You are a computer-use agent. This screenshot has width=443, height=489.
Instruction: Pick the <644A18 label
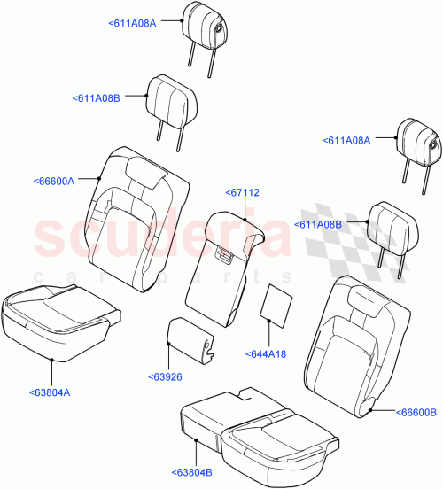(265, 355)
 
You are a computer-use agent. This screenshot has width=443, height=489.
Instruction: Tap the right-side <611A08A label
(350, 139)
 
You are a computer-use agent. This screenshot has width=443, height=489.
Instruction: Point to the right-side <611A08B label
(317, 226)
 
